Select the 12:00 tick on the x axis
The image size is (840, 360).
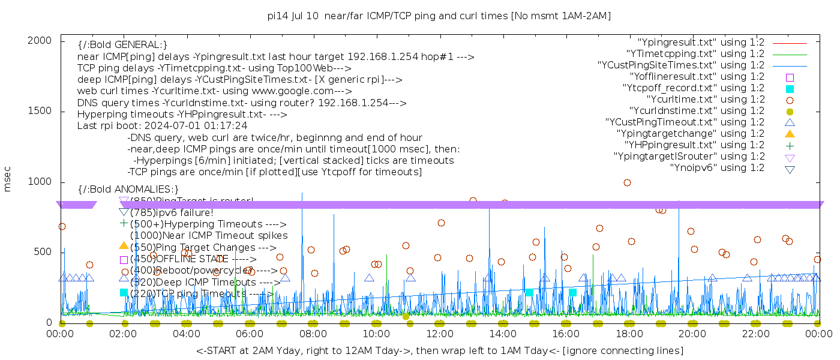tap(440, 334)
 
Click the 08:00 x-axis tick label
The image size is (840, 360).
tap(313, 334)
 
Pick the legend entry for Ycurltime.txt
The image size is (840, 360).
tap(706, 100)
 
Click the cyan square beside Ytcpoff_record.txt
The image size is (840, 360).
tap(790, 89)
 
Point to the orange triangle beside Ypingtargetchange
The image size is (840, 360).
tap(790, 134)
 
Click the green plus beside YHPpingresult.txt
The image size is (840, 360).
tap(790, 145)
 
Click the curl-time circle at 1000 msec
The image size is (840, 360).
tap(627, 183)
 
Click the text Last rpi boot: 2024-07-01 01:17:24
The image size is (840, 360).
tap(162, 126)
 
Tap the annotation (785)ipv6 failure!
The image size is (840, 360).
tap(172, 212)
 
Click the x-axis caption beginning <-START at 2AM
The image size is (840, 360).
tap(439, 350)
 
